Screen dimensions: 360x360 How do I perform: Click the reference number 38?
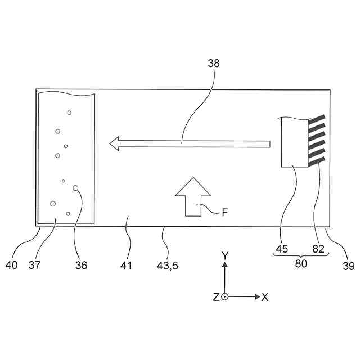[x=214, y=64]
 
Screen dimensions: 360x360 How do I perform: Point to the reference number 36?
[x=82, y=265]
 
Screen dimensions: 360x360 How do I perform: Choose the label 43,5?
[x=167, y=265]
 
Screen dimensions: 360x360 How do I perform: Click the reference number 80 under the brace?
[x=301, y=263]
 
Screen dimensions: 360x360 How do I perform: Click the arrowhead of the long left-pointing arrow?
[x=115, y=143]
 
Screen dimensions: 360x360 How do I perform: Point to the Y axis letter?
[x=224, y=256]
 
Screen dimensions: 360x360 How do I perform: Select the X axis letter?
[x=265, y=297]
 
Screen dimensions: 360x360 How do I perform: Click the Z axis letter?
[x=216, y=297]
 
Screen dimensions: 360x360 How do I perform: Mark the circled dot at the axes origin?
[x=224, y=296]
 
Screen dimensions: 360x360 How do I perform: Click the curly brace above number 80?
[x=301, y=254]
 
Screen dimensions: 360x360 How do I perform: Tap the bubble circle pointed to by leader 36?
[x=75, y=189]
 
